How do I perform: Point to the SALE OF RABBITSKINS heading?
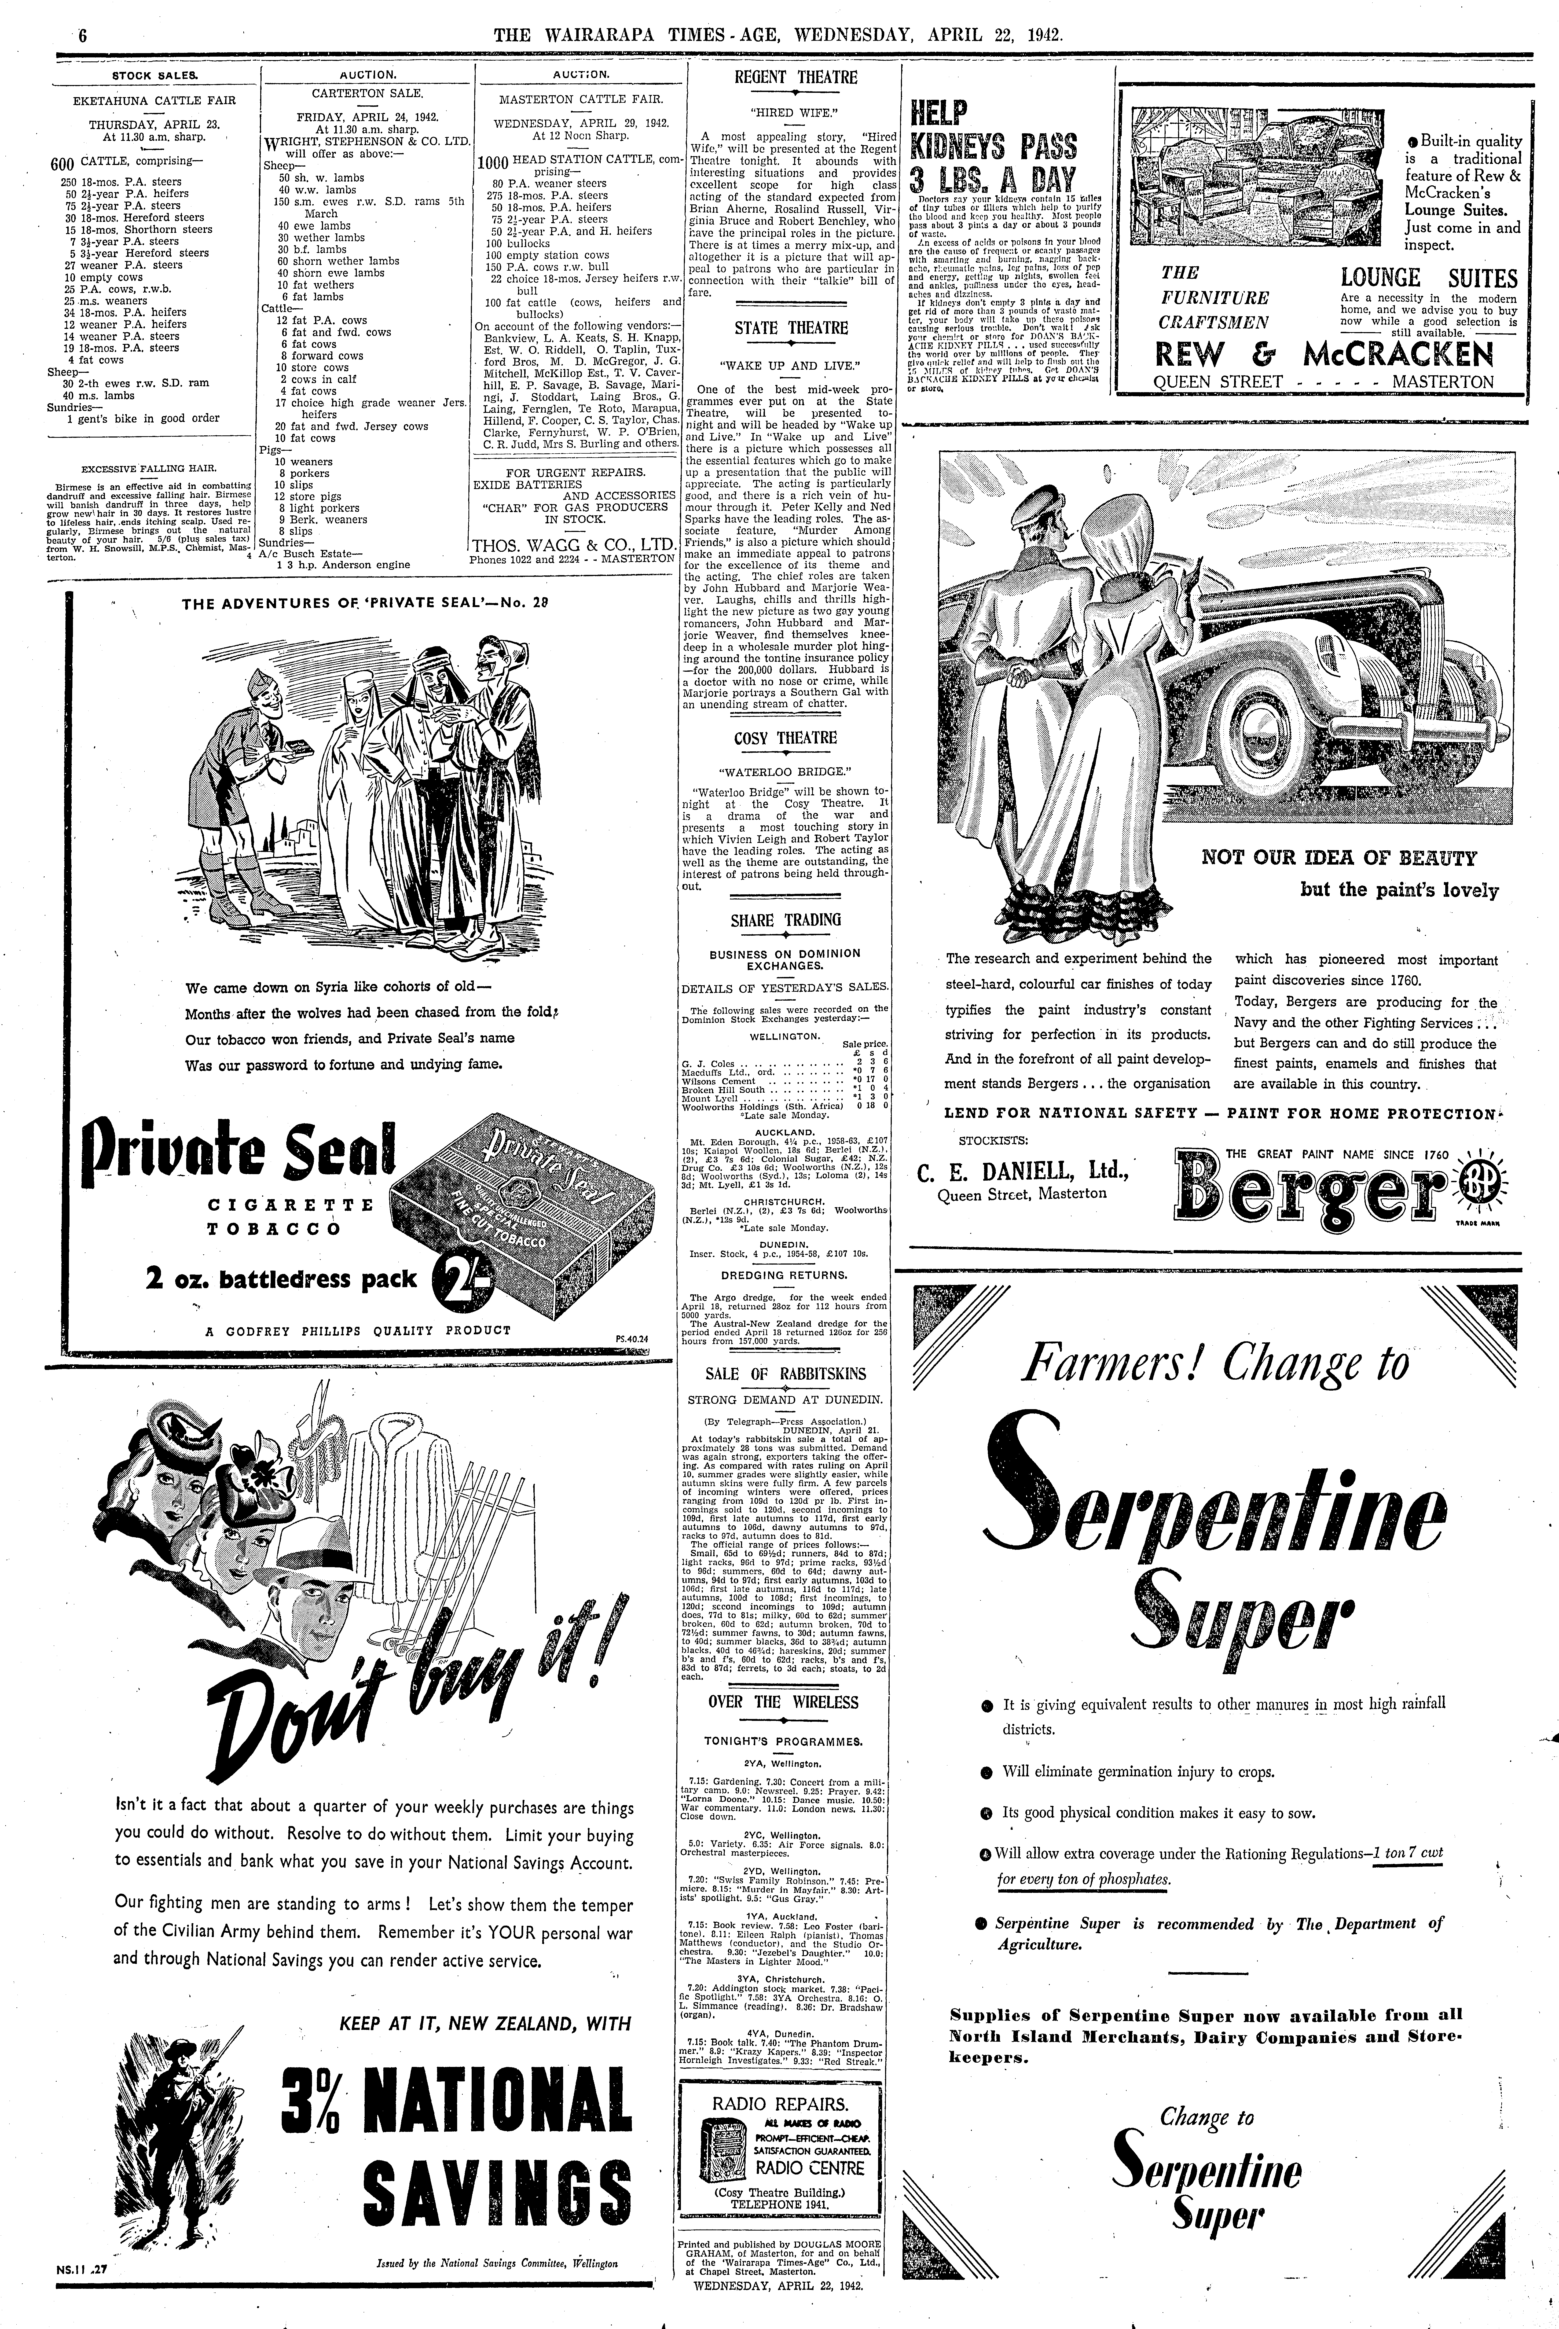click(x=786, y=1374)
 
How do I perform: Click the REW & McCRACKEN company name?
click(x=1322, y=354)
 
